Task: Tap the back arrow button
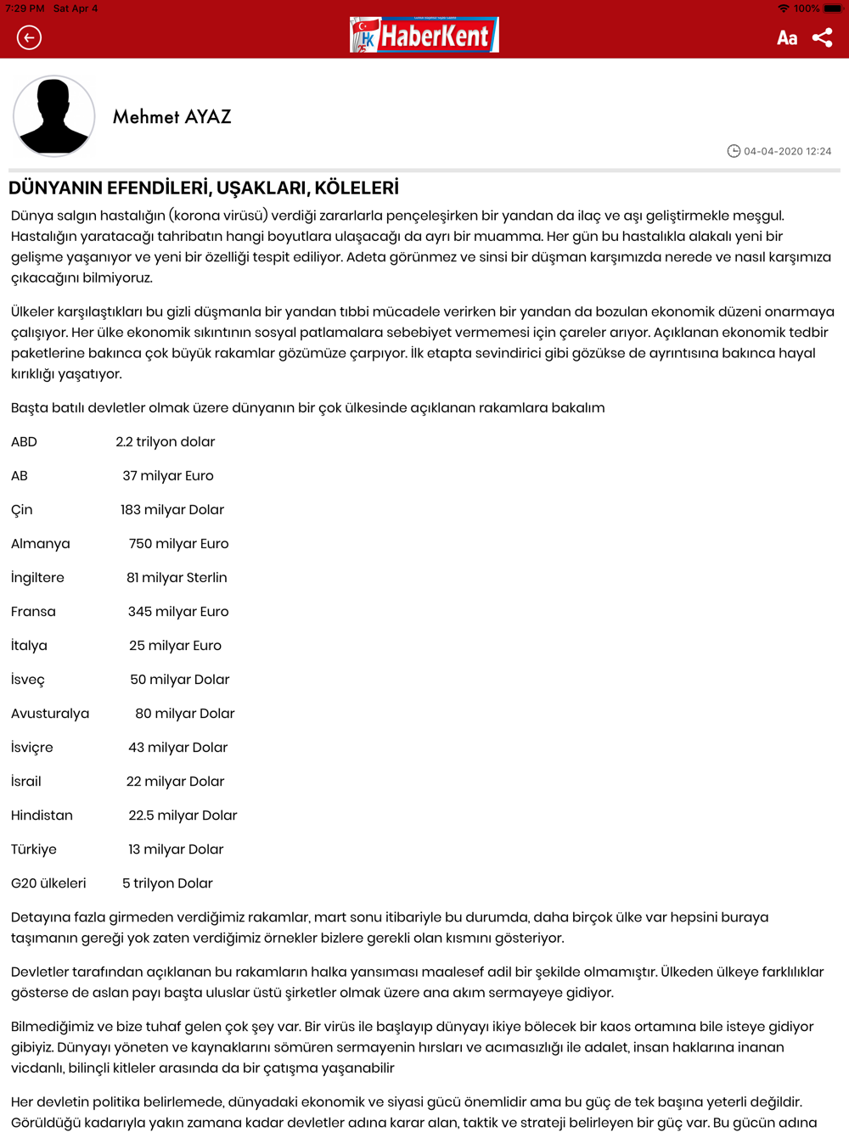point(29,37)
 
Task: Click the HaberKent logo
point(424,35)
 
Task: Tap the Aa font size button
point(787,37)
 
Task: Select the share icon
point(822,37)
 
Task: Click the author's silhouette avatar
point(53,116)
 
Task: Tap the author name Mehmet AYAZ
point(171,117)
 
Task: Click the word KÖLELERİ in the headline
point(357,188)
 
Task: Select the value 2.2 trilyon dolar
point(165,441)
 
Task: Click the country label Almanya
point(41,543)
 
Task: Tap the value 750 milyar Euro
point(178,543)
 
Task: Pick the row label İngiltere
point(37,577)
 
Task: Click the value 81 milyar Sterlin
point(177,577)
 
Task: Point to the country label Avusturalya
point(50,713)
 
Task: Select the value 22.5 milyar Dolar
point(183,815)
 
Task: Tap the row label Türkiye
point(34,849)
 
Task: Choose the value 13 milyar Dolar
point(176,849)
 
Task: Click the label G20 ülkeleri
point(48,883)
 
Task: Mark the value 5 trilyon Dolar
point(167,883)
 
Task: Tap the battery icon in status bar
point(833,8)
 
